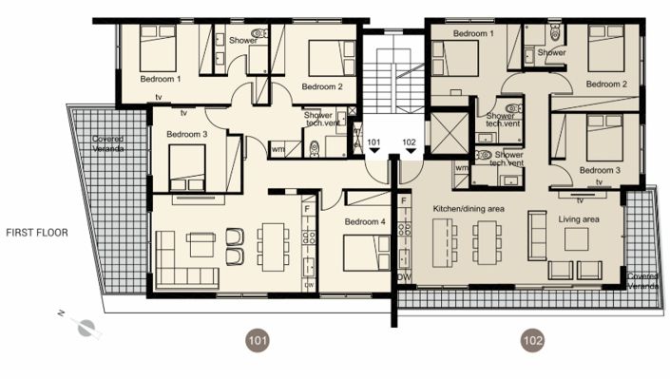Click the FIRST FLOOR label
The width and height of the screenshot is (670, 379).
(x=36, y=232)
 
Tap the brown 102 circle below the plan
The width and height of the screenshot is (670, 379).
(x=531, y=339)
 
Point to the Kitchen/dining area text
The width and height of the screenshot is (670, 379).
(x=468, y=207)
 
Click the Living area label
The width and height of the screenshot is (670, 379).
(x=578, y=219)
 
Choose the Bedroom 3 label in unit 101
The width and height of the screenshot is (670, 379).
(x=186, y=135)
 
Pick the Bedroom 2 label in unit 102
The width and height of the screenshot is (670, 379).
(x=605, y=84)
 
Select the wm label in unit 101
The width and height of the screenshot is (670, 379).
(x=278, y=148)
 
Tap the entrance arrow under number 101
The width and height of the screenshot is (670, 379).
(x=374, y=152)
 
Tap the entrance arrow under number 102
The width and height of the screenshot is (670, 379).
(x=410, y=152)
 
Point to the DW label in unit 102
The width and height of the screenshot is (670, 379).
(x=403, y=277)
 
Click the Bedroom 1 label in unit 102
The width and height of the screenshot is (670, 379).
(x=473, y=33)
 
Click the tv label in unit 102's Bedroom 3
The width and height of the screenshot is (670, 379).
(x=600, y=180)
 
